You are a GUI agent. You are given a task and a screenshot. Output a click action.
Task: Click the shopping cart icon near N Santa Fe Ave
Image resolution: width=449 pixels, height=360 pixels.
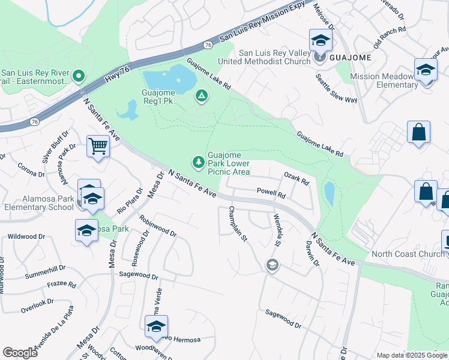(x=98, y=146)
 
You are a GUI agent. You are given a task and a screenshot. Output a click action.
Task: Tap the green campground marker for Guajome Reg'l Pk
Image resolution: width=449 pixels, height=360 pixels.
(x=201, y=95)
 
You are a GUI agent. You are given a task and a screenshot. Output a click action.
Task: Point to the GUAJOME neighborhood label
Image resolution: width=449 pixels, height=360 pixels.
(x=349, y=58)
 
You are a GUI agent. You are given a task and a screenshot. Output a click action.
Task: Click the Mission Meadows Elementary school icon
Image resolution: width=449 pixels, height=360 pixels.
(x=426, y=70)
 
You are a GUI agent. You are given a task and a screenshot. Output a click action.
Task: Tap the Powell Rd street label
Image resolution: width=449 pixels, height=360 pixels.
(x=270, y=193)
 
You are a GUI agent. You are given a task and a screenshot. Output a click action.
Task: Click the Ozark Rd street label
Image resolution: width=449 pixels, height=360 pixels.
(x=296, y=178)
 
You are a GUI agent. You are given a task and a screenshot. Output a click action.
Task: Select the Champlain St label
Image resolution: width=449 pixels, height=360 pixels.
(x=238, y=224)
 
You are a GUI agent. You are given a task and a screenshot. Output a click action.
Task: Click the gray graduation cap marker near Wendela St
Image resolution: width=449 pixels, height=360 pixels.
(x=273, y=265)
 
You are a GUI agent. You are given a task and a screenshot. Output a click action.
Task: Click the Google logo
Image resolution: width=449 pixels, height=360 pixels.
(x=20, y=353)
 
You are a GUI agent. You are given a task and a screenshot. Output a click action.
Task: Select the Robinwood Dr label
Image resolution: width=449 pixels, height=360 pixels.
(x=157, y=226)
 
